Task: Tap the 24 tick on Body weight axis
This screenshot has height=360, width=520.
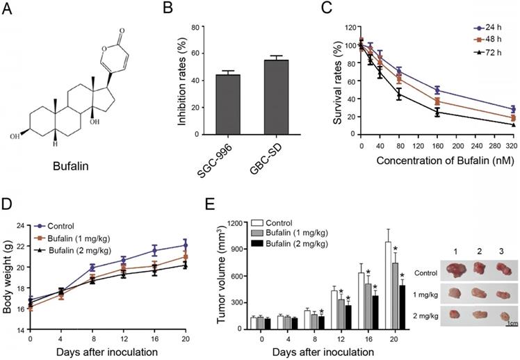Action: [19, 226]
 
